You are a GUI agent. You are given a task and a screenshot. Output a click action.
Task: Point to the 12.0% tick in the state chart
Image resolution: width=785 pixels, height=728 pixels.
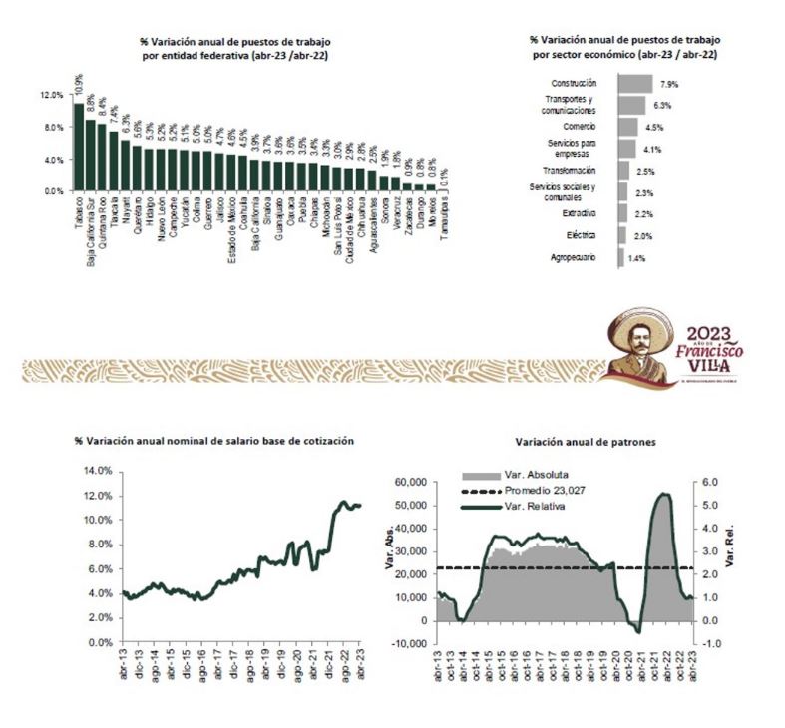(52, 96)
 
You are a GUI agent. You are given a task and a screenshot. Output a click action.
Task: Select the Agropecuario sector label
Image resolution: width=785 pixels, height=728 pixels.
(574, 257)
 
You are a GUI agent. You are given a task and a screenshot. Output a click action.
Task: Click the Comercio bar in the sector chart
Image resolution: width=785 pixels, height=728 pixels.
(627, 127)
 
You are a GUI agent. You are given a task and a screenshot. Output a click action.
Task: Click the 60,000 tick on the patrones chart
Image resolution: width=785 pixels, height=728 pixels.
(409, 482)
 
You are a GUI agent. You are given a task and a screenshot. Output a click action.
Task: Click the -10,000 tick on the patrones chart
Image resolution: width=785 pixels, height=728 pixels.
(407, 643)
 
